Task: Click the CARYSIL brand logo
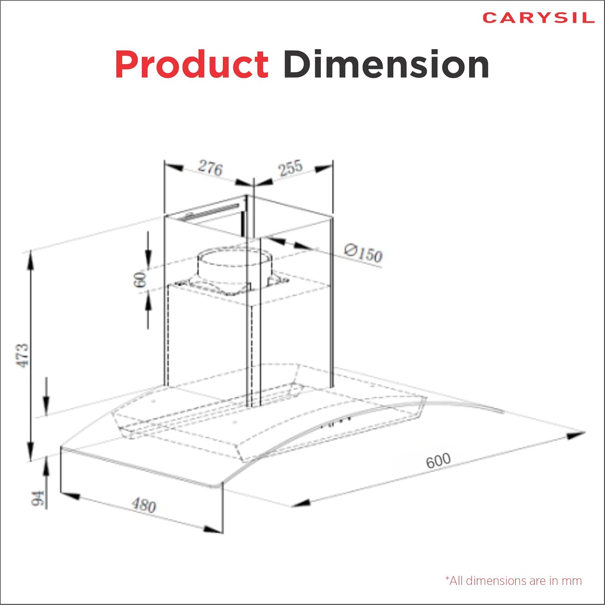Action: point(538,18)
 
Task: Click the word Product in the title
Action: point(192,65)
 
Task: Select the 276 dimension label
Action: point(210,168)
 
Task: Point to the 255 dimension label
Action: point(290,168)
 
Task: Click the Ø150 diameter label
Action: point(363,253)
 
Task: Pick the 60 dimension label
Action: point(140,280)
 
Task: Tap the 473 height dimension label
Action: point(23,355)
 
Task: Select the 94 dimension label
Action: point(38,498)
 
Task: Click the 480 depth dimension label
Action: point(144,505)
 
